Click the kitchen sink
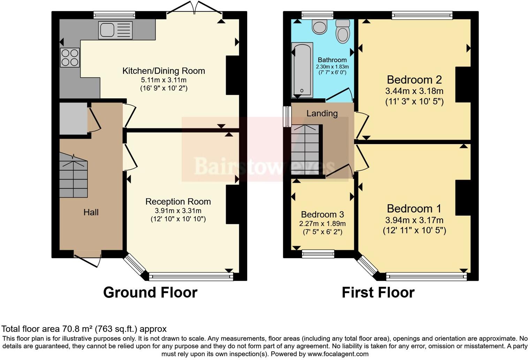(115, 30)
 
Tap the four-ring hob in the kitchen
(70, 58)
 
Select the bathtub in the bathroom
(302, 70)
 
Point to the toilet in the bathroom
(343, 31)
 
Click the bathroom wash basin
(319, 27)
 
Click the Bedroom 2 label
(414, 80)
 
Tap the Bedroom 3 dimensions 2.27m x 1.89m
(322, 224)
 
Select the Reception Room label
(178, 202)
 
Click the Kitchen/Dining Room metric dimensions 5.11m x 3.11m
(164, 80)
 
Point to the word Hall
(91, 212)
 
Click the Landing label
(322, 113)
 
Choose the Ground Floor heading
(150, 293)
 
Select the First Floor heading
(378, 293)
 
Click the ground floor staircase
(73, 175)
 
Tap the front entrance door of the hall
(88, 260)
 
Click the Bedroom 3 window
(318, 254)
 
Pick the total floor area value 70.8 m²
(77, 329)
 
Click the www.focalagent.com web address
(338, 354)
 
